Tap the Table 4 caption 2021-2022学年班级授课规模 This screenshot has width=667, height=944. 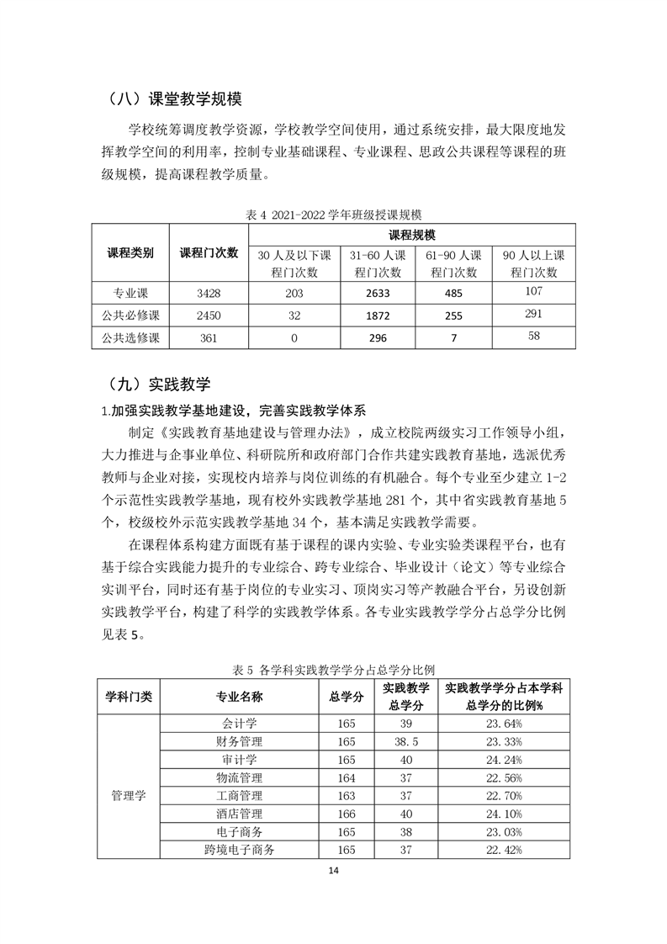[334, 215]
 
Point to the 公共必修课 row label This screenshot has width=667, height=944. [130, 316]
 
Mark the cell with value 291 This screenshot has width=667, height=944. [534, 316]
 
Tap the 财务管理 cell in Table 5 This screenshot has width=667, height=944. [239, 742]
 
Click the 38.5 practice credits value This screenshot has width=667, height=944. [406, 742]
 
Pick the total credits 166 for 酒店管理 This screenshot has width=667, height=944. [347, 814]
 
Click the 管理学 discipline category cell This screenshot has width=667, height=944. [128, 795]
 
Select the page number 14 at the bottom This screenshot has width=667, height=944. [333, 871]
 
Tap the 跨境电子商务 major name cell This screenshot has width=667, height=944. [239, 850]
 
